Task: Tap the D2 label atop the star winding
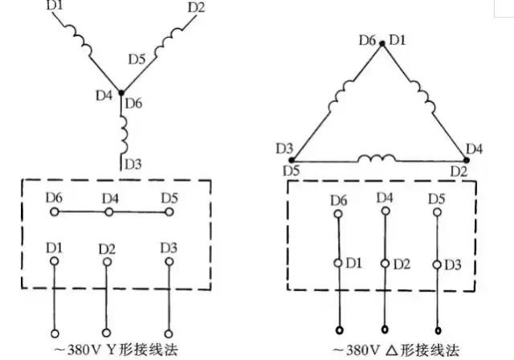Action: pos(196,8)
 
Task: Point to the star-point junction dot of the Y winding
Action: pos(122,93)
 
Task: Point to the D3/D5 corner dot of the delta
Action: pos(296,159)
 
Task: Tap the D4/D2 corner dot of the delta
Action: pos(464,159)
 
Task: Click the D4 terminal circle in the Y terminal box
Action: pos(112,213)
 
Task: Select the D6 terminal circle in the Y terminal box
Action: pos(55,213)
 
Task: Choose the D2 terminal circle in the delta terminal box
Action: pos(385,264)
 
